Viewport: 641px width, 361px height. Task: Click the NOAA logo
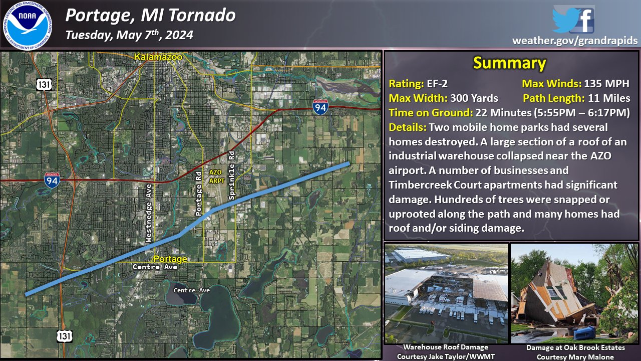28,26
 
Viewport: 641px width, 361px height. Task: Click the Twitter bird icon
565,20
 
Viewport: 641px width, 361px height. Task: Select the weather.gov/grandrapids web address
575,41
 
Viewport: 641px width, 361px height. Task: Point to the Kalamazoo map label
158,57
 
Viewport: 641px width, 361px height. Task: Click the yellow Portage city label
170,259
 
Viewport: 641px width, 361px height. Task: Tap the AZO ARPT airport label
217,176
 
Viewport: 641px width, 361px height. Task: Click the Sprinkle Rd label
231,175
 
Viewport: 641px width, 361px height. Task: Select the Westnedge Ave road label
148,214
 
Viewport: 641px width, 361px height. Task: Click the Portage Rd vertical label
198,194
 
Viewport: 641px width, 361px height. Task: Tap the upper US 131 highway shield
44,85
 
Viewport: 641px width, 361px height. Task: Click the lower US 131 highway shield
64,336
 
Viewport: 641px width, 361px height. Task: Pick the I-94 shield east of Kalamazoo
320,107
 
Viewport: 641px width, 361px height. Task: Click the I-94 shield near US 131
52,180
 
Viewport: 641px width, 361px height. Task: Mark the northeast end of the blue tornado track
349,163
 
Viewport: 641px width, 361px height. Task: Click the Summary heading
510,63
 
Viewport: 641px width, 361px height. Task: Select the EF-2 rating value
437,84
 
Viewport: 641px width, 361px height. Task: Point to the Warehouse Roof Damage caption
446,347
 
